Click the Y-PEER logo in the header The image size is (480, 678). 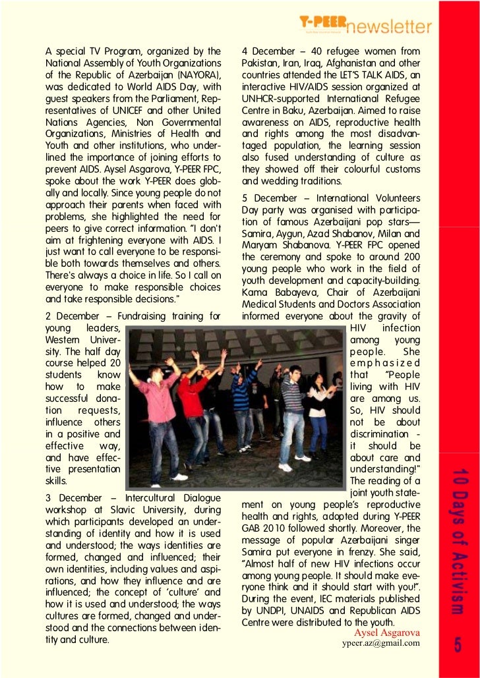(320, 23)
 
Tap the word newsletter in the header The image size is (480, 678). (390, 26)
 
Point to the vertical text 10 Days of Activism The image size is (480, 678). (458, 542)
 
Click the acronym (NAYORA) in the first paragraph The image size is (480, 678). (195, 74)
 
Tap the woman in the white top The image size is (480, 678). (318, 409)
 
